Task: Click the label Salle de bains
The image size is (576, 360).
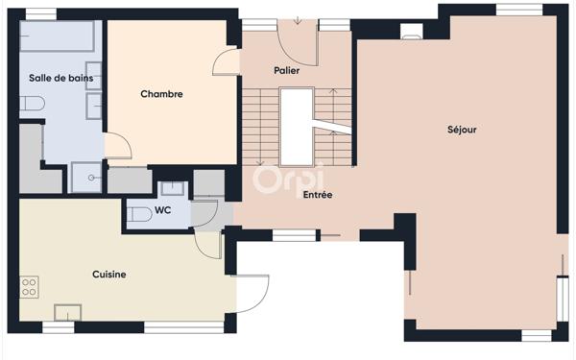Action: pos(54,78)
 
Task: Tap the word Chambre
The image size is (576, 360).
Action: pos(161,94)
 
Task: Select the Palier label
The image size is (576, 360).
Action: pos(286,71)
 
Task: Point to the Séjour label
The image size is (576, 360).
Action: pos(462,130)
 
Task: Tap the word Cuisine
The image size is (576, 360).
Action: pos(109,275)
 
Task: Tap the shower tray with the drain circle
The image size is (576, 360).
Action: pos(87,178)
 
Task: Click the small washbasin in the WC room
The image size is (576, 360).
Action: pos(173,188)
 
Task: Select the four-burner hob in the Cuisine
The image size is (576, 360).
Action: pos(30,285)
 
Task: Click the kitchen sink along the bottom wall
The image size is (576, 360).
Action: pos(68,312)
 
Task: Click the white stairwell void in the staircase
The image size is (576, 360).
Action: pos(296,125)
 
